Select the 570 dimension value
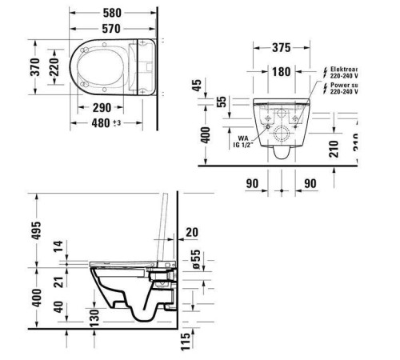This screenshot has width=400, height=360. [112, 30]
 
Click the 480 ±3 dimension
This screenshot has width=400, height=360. [105, 123]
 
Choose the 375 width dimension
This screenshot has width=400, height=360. [280, 48]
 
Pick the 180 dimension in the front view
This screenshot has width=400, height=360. [280, 72]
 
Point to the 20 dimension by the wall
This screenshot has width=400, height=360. [192, 233]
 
